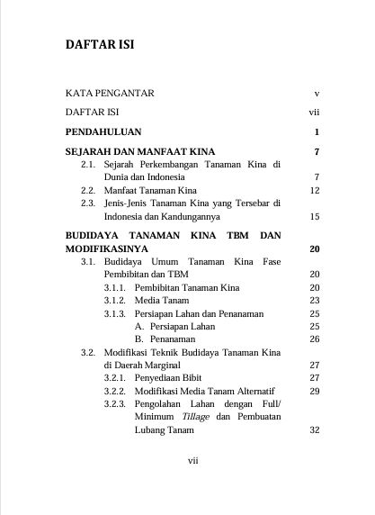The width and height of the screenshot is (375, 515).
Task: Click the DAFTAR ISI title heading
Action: pyautogui.click(x=101, y=44)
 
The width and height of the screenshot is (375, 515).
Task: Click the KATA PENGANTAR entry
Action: pyautogui.click(x=111, y=93)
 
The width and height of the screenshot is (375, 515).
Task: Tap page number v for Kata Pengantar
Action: pyautogui.click(x=317, y=93)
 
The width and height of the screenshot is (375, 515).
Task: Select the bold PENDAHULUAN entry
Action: pyautogui.click(x=104, y=132)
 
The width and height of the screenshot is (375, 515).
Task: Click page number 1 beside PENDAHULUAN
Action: pyautogui.click(x=317, y=132)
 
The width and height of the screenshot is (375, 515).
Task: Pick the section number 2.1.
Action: pyautogui.click(x=88, y=165)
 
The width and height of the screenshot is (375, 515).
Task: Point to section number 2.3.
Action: pyautogui.click(x=88, y=203)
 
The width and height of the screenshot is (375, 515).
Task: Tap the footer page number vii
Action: pyautogui.click(x=192, y=460)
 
